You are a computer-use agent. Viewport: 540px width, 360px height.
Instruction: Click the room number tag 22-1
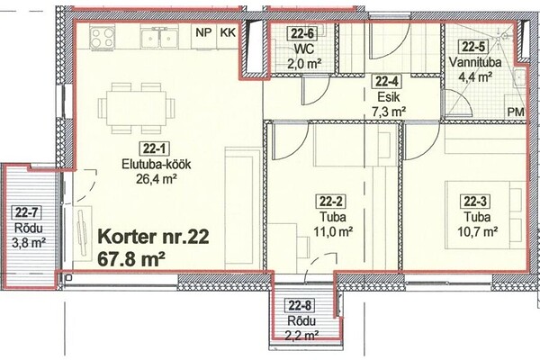coord(155,149)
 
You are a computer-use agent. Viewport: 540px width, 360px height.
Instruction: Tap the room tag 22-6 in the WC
coord(302,33)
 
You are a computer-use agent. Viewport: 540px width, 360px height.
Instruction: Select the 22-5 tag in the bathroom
coord(472,47)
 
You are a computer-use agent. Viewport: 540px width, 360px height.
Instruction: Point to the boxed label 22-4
coord(387,82)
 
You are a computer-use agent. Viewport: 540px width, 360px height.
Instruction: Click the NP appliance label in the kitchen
coord(203,32)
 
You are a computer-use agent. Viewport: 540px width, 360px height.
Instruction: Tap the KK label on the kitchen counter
coord(228,32)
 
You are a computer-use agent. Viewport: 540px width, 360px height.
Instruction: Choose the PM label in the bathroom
coord(516,112)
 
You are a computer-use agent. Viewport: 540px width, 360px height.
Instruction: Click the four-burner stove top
coord(103,37)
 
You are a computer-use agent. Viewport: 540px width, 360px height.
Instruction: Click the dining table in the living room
coord(136,108)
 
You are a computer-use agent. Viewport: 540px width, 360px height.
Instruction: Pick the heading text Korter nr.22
coord(154,238)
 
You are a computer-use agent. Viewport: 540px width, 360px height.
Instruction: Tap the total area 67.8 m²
coord(130,259)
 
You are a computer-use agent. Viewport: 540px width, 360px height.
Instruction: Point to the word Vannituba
coord(475,63)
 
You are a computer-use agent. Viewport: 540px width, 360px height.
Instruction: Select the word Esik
coord(389,97)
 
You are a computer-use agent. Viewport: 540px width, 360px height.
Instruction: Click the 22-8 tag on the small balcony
coord(300,306)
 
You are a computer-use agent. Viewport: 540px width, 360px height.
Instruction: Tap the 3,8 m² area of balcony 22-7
coord(29,243)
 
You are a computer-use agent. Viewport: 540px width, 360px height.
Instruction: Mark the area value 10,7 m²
coord(477,232)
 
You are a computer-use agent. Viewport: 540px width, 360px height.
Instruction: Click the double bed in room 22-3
coord(485,215)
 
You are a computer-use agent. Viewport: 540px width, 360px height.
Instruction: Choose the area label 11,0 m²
coord(333,232)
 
